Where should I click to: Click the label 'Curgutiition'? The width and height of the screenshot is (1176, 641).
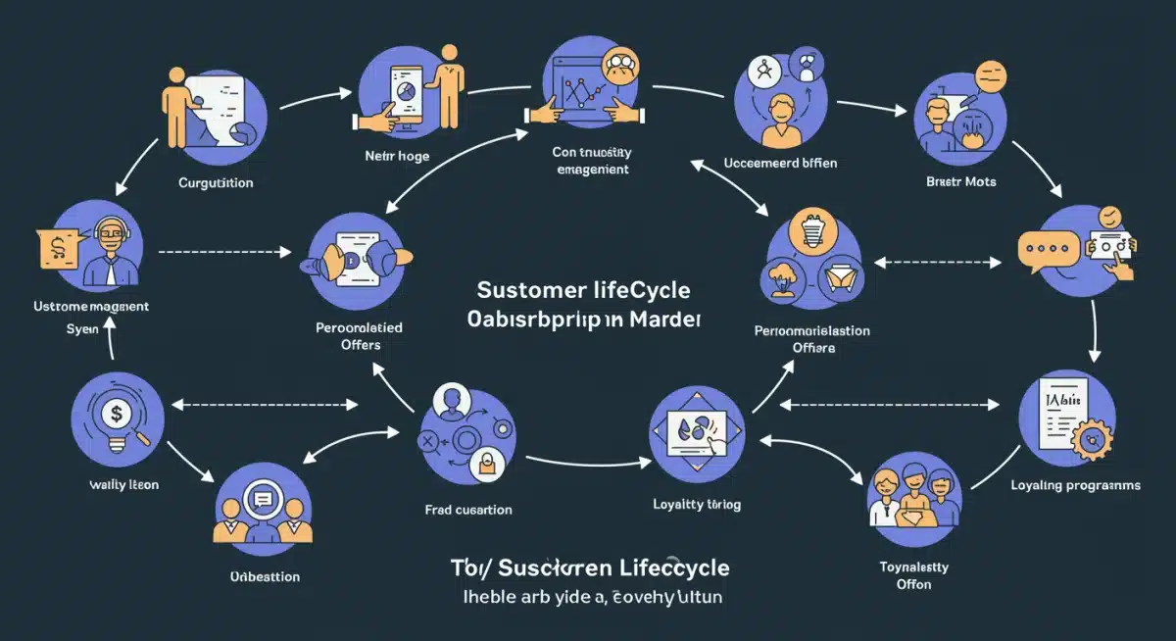click(216, 182)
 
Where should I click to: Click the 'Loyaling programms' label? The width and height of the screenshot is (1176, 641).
click(1076, 485)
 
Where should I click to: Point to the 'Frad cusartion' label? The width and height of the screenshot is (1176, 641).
click(468, 510)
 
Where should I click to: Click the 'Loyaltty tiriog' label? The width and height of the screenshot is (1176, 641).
click(697, 504)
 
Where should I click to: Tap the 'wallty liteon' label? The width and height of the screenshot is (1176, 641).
click(123, 485)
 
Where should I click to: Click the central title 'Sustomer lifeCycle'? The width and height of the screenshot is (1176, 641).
click(583, 291)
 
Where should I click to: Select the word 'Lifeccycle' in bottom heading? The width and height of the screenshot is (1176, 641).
click(662, 567)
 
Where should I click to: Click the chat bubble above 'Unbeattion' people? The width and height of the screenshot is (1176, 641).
click(262, 498)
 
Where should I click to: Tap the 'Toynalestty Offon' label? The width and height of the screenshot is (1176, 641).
click(913, 574)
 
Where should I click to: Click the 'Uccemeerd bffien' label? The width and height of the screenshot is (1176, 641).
click(780, 163)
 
